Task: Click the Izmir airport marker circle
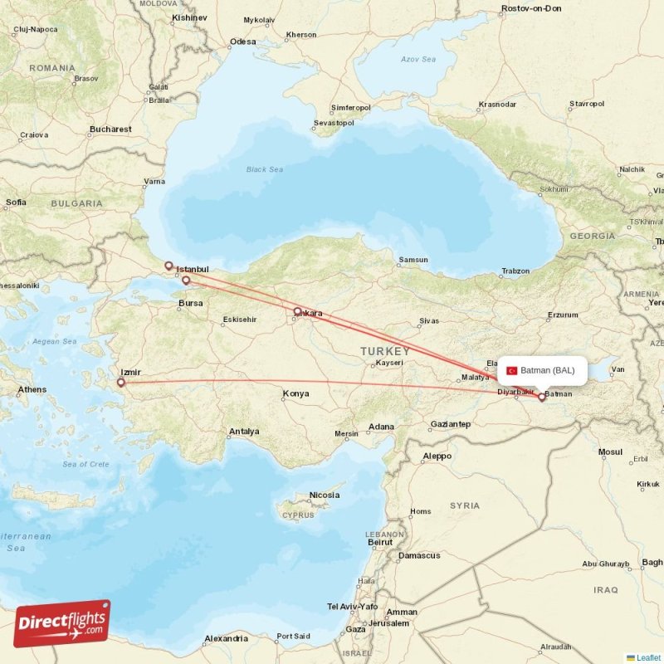tap(121, 383)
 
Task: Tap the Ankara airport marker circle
tap(297, 312)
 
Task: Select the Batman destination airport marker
tap(542, 397)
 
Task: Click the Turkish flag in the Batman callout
tap(511, 370)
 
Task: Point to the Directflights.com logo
tap(62, 622)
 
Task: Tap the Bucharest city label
tap(111, 129)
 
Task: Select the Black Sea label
tap(264, 169)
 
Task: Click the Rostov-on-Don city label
tap(531, 8)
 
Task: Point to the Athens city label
tap(32, 389)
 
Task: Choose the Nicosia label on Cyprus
tap(324, 496)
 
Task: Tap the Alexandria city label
tap(226, 638)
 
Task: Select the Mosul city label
tap(610, 452)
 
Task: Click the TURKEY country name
tap(385, 352)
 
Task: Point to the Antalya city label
tap(244, 432)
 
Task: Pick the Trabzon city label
tap(515, 271)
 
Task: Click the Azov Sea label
tap(418, 60)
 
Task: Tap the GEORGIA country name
tap(593, 237)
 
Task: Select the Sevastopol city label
tap(334, 123)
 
